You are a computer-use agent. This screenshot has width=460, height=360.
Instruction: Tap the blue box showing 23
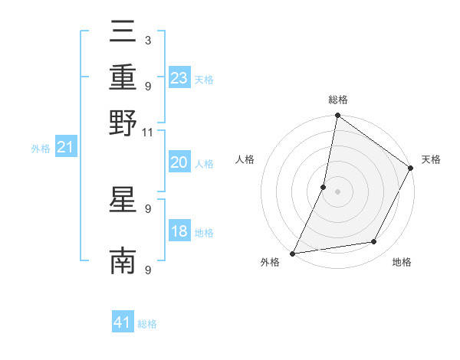pyautogui.click(x=179, y=78)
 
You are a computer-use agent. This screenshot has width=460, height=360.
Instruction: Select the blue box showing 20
pyautogui.click(x=179, y=162)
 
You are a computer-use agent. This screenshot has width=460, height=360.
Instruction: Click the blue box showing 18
pyautogui.click(x=179, y=231)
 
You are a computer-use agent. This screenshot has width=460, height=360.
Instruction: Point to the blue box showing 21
pyautogui.click(x=65, y=148)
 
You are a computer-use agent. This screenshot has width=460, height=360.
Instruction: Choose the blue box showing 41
pyautogui.click(x=123, y=323)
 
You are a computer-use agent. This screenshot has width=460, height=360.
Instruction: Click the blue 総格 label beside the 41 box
pyautogui.click(x=147, y=325)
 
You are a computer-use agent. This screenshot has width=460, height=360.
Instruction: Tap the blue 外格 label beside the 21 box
pyautogui.click(x=41, y=149)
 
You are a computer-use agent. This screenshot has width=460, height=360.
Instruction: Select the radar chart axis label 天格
pyautogui.click(x=431, y=159)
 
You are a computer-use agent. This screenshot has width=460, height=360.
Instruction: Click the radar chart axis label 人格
pyautogui.click(x=245, y=159)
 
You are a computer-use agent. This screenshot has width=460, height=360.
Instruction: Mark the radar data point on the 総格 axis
pyautogui.click(x=337, y=116)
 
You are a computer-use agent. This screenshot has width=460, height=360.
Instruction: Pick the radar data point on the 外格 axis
pyautogui.click(x=292, y=253)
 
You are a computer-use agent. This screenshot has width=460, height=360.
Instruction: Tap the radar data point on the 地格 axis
pyautogui.click(x=374, y=242)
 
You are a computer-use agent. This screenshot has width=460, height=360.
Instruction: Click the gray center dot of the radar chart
pyautogui.click(x=337, y=191)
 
